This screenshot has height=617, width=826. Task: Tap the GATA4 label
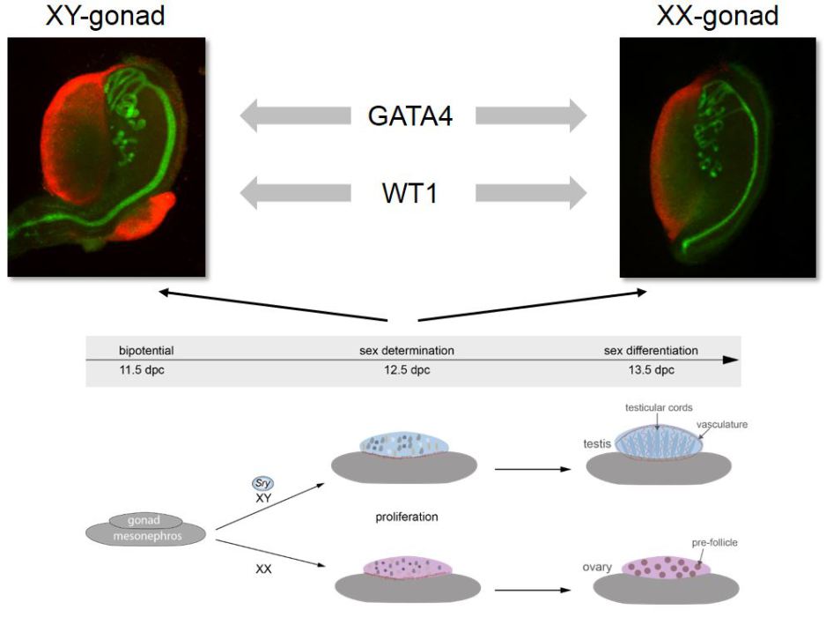(x=412, y=115)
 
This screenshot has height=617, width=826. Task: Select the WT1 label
(x=412, y=192)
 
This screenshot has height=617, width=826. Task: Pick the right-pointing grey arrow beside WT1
(x=530, y=192)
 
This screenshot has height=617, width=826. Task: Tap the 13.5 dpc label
(x=651, y=370)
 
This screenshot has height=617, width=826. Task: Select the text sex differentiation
(x=651, y=350)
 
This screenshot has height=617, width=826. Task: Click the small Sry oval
(x=262, y=484)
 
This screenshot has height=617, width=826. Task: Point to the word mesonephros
(x=145, y=533)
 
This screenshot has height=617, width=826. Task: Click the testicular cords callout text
(x=658, y=408)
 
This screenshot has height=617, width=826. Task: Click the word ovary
(x=596, y=568)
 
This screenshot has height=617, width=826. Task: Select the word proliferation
(x=406, y=517)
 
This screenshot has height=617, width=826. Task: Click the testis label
(x=597, y=444)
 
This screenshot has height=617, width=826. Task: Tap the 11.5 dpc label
(x=142, y=370)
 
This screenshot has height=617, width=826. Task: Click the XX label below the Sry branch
(x=262, y=569)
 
